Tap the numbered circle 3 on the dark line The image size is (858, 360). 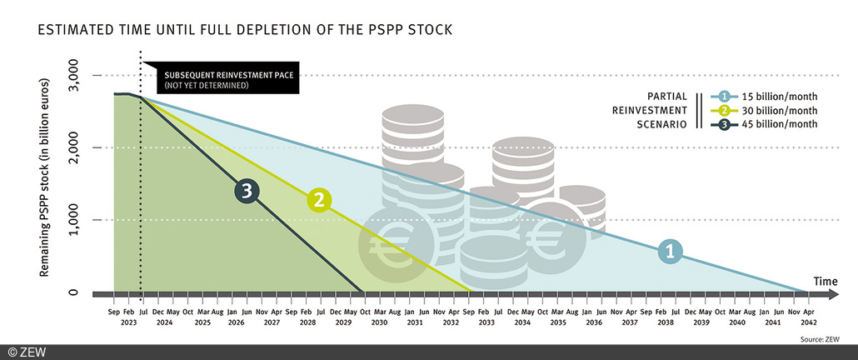click(x=244, y=192)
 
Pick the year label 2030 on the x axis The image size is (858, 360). click(x=380, y=322)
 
